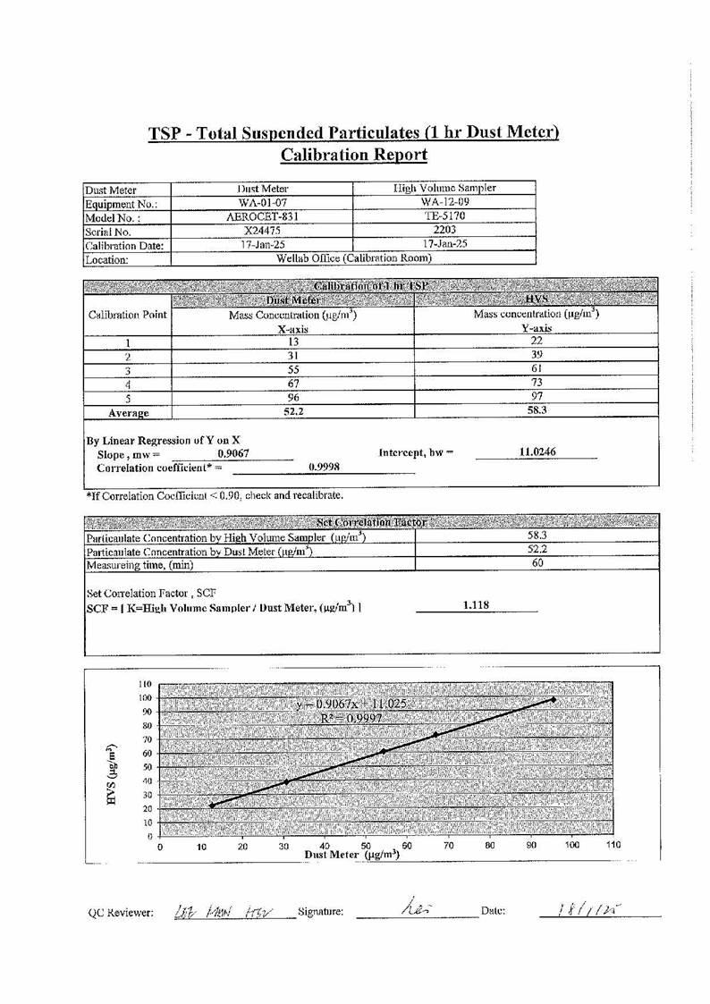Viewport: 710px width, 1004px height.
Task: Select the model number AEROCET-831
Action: [x=262, y=216]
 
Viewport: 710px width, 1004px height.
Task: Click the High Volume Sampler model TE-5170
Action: [x=444, y=216]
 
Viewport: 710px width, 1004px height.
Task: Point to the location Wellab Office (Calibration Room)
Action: [x=355, y=258]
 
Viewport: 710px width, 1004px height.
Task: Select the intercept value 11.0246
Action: [x=537, y=453]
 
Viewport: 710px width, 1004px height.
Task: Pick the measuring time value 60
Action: [x=538, y=564]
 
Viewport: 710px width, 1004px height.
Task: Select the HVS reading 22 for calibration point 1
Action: [x=537, y=341]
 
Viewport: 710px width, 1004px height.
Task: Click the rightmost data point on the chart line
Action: [x=554, y=700]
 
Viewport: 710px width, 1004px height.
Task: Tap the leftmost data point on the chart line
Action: [x=212, y=806]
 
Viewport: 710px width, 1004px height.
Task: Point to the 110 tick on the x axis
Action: [x=613, y=845]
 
